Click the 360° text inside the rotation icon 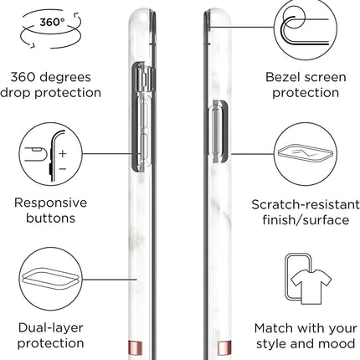(52, 22)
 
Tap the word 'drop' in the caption (16, 93)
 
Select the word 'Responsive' (50, 203)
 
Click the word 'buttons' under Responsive (50, 218)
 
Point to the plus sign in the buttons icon (63, 153)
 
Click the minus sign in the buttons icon (63, 169)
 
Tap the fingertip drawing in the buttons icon (35, 154)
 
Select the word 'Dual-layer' (50, 328)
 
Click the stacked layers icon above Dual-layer (49, 279)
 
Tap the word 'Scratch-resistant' (306, 204)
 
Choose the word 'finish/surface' (306, 220)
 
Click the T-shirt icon (311, 286)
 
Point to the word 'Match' (273, 328)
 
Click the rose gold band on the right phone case (224, 347)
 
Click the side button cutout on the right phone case (219, 131)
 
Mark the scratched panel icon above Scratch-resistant (305, 154)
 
